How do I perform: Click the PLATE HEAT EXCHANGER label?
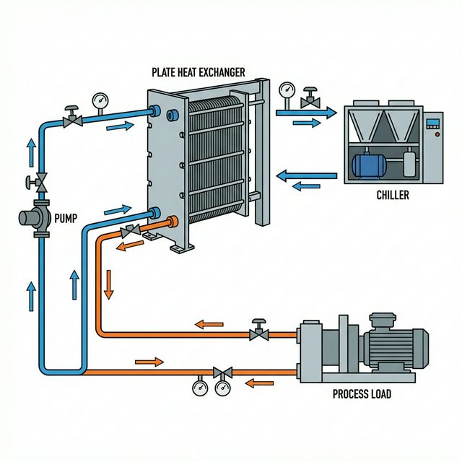coord(198,72)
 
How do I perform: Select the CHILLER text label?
coord(393,195)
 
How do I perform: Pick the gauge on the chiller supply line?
coord(287,92)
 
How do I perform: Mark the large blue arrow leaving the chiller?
coord(306,175)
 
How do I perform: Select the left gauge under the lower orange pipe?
coord(200,388)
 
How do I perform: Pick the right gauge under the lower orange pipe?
coord(220,388)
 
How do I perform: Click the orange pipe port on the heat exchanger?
coord(173,222)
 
